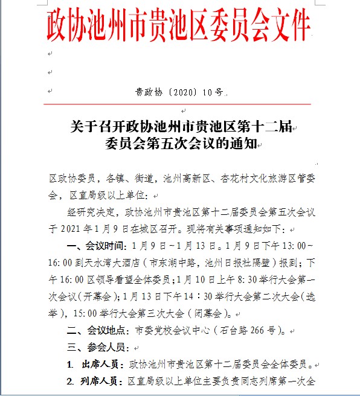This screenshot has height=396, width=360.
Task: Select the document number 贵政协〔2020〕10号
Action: [x=179, y=92]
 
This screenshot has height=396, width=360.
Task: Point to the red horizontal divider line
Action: [x=181, y=104]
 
